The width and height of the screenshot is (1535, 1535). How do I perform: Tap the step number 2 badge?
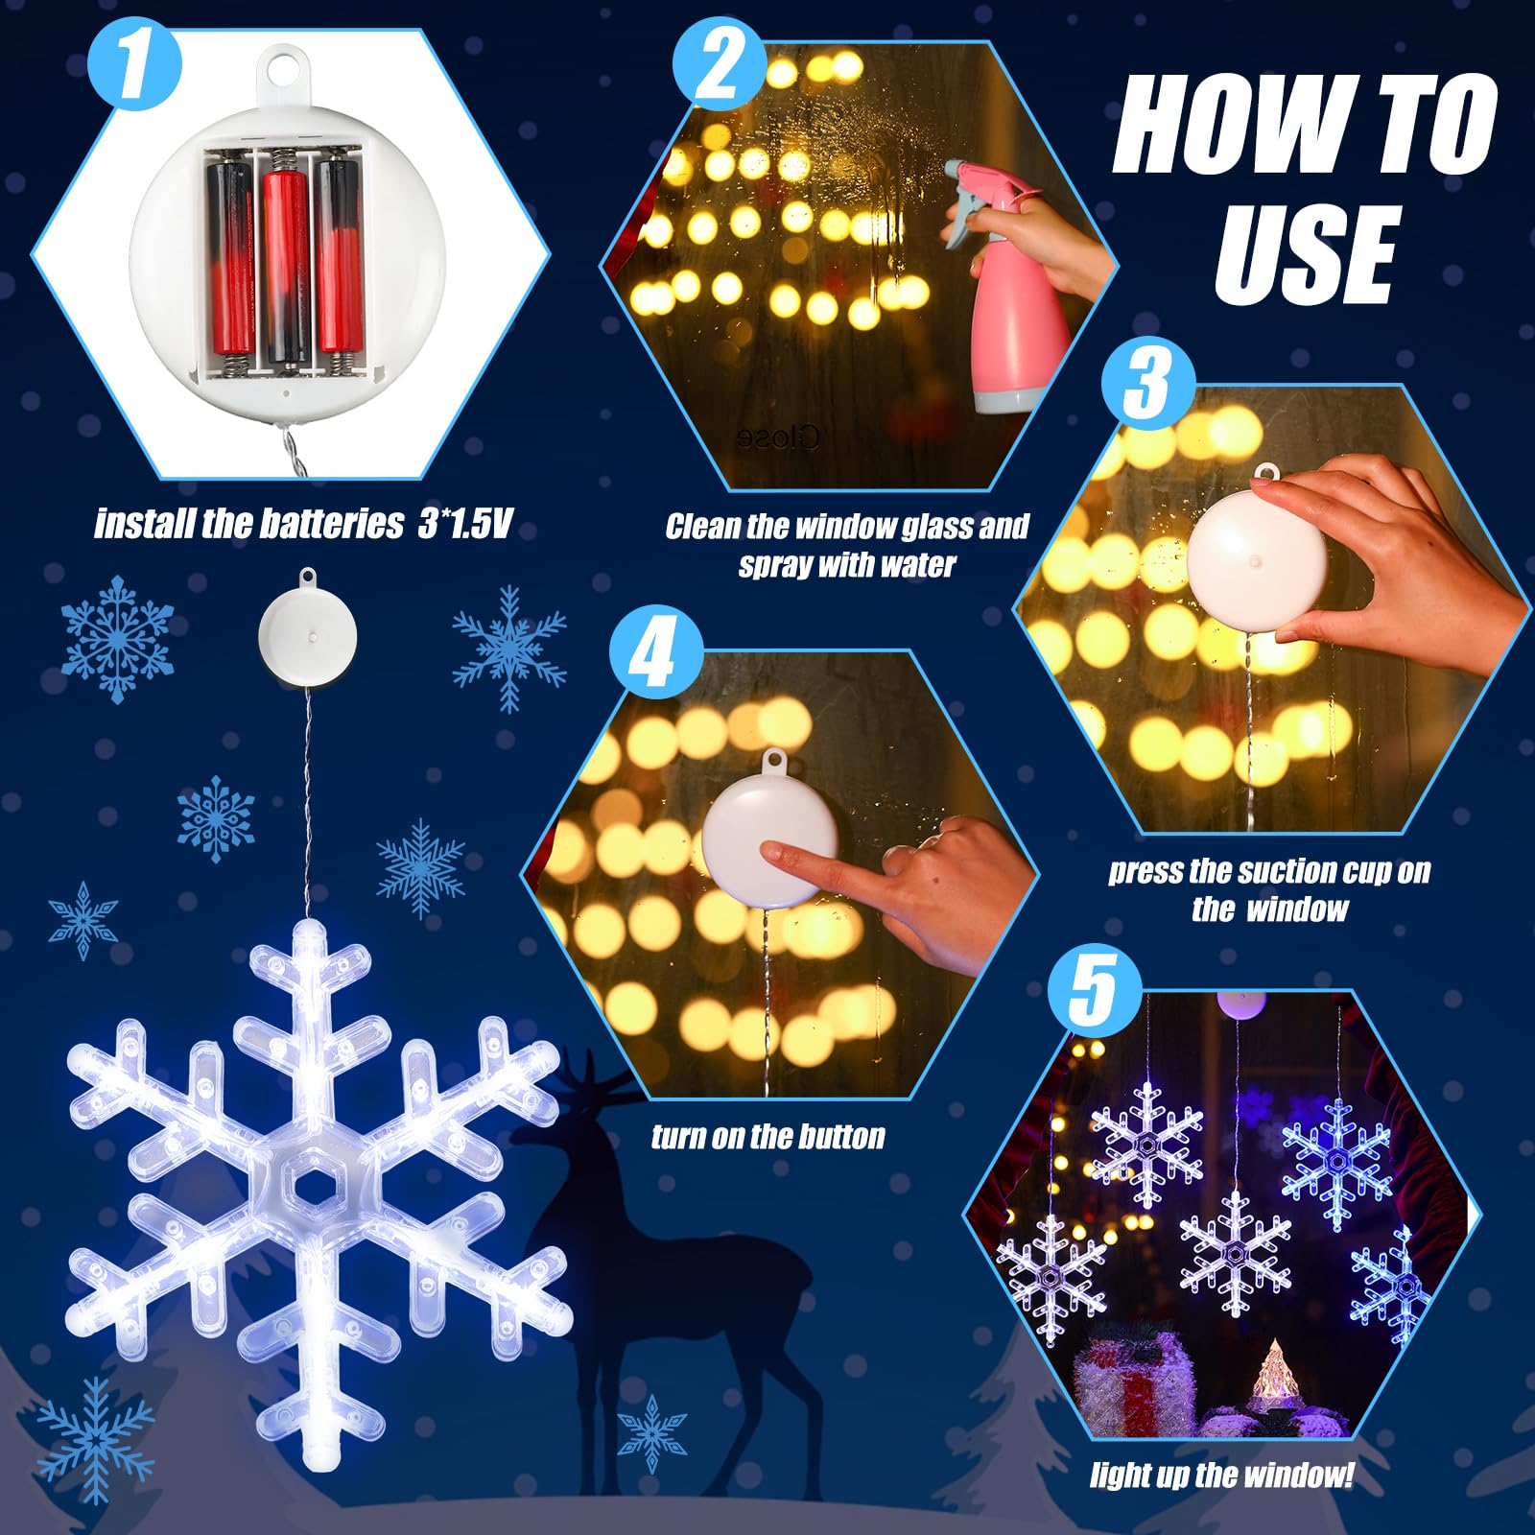[x=719, y=67]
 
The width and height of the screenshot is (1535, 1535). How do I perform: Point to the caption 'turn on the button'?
[x=767, y=1137]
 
